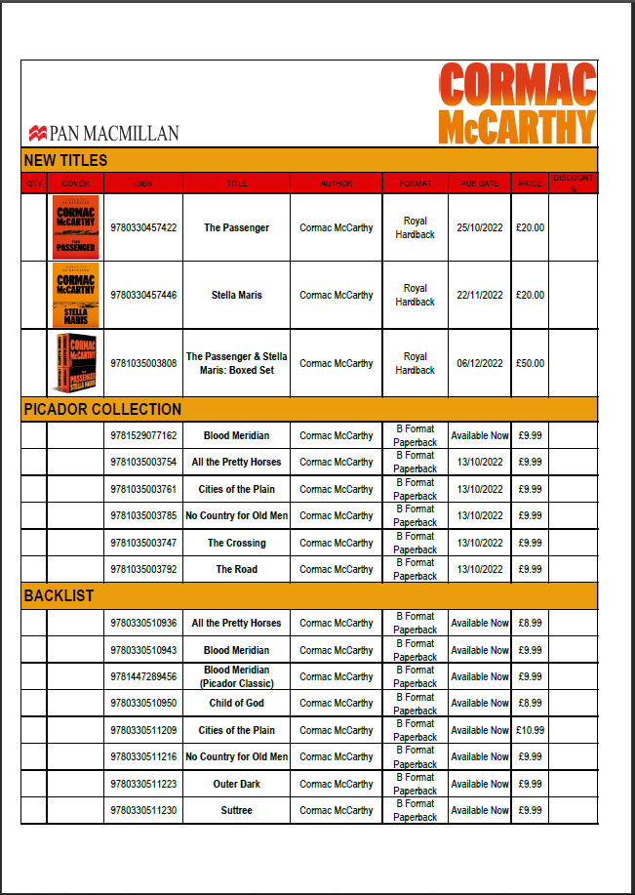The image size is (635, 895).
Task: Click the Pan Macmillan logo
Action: click(x=104, y=133)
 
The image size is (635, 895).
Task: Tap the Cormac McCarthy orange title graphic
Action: click(x=517, y=104)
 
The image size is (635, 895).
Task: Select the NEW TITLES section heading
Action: click(x=65, y=160)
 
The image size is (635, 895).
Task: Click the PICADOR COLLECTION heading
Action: click(x=102, y=409)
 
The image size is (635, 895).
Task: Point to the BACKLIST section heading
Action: click(x=59, y=595)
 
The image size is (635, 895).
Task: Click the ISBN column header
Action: click(x=143, y=183)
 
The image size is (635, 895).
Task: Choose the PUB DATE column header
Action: click(x=479, y=183)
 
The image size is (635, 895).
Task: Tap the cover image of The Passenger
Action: click(x=75, y=227)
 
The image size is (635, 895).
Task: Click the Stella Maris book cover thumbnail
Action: click(x=75, y=295)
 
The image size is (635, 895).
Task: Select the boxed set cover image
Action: click(x=75, y=363)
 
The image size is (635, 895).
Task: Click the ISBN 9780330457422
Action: click(x=143, y=227)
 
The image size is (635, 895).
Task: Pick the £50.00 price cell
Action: click(x=531, y=363)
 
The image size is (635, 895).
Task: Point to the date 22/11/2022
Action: click(x=479, y=295)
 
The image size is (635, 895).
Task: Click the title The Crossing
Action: click(x=236, y=543)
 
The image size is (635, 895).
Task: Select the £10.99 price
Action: click(x=531, y=730)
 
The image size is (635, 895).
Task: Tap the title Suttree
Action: click(x=236, y=810)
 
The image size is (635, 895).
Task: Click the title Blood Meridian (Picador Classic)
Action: click(x=236, y=676)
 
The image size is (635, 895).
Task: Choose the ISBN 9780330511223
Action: click(x=143, y=784)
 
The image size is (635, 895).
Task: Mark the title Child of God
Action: click(x=236, y=703)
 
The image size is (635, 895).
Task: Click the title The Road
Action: click(x=236, y=569)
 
